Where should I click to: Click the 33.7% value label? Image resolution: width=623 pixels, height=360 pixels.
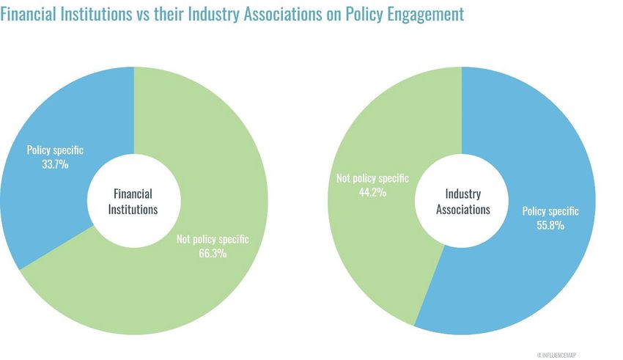(x=55, y=165)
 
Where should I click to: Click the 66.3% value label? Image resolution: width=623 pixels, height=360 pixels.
(x=213, y=254)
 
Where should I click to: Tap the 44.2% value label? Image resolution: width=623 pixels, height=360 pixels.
(x=372, y=193)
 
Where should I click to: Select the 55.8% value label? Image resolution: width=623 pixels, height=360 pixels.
(x=550, y=226)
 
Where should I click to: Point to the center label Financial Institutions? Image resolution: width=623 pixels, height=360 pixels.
(x=133, y=201)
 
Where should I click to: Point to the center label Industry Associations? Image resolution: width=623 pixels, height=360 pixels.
(x=462, y=201)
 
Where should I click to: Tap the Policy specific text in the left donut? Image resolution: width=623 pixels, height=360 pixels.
(x=55, y=150)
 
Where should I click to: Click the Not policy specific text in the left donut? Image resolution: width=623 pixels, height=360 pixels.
(x=213, y=239)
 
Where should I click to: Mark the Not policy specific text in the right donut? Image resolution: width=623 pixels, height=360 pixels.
(x=372, y=178)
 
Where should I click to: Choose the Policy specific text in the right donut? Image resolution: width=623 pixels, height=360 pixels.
(x=550, y=211)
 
